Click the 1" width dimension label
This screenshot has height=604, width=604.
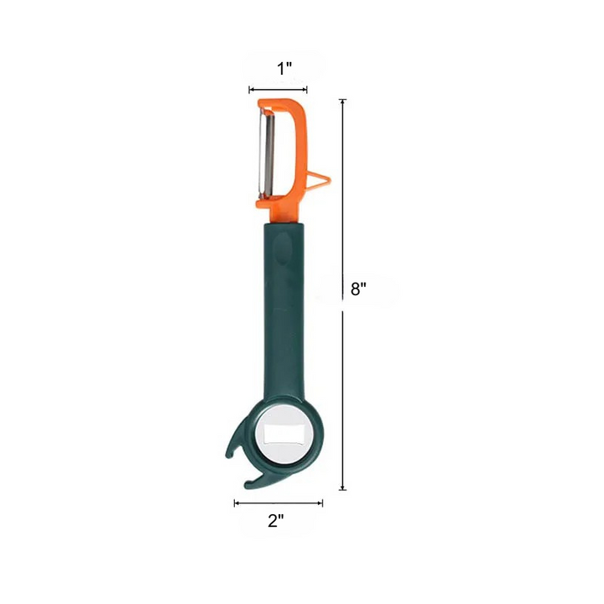[284, 69]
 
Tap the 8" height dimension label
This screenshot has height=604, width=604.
[358, 289]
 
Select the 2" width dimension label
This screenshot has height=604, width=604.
[276, 521]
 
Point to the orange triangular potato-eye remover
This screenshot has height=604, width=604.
[320, 180]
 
